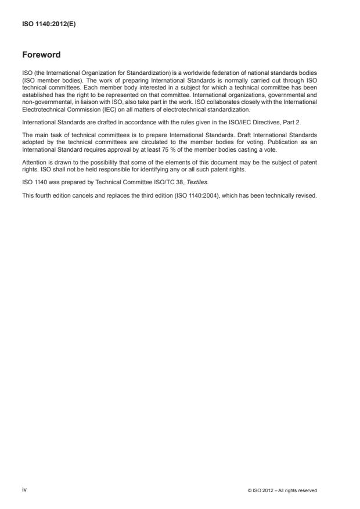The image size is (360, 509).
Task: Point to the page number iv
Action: (24, 490)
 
